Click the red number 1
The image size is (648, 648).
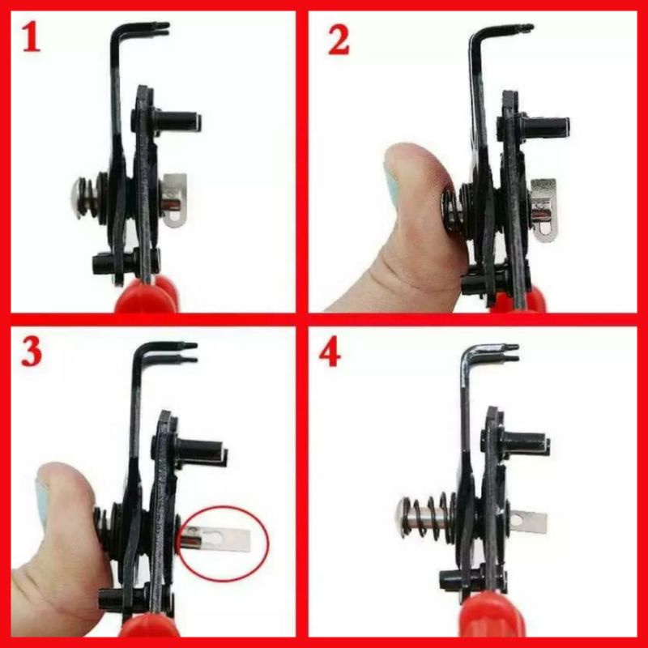tap(32, 37)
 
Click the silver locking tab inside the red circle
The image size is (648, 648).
tap(217, 539)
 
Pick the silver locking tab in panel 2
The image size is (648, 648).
tap(544, 210)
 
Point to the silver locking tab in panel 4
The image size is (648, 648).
tap(527, 522)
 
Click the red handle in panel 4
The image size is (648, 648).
tap(492, 620)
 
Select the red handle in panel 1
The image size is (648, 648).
tap(147, 296)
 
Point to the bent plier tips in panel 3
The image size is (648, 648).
tap(186, 352)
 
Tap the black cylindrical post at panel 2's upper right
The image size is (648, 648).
tap(544, 127)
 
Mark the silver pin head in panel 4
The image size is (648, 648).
tap(400, 518)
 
